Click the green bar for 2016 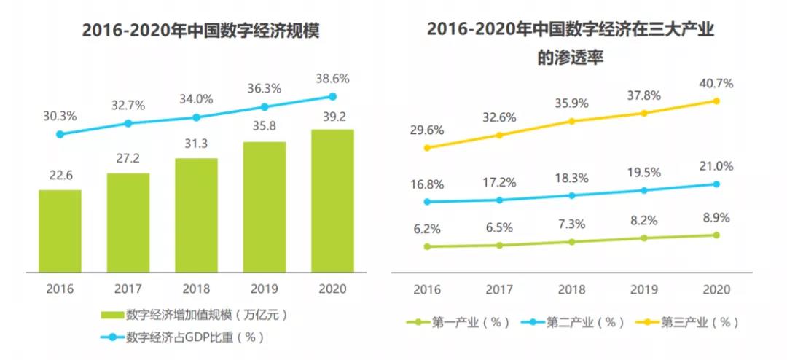(60, 232)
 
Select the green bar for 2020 (332, 202)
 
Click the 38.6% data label (332, 78)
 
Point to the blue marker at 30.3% (60, 134)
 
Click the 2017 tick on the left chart (128, 289)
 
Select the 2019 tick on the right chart (643, 289)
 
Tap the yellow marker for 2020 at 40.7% (716, 101)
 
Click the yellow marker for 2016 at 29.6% (427, 148)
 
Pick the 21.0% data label (716, 166)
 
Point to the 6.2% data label (427, 229)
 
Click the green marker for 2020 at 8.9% (716, 235)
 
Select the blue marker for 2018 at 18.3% (571, 195)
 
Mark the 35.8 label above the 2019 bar (264, 126)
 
